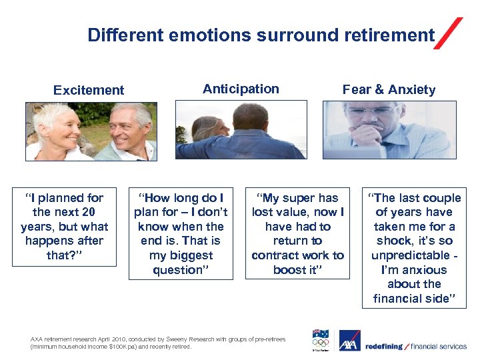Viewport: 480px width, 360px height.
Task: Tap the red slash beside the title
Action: pyautogui.click(x=448, y=34)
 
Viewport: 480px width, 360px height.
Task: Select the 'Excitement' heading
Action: pyautogui.click(x=89, y=90)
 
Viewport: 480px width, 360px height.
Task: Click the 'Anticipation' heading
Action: pyautogui.click(x=241, y=89)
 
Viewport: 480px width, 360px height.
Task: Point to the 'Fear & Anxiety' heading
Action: pyautogui.click(x=389, y=89)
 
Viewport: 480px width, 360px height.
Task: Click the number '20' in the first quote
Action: pyautogui.click(x=88, y=212)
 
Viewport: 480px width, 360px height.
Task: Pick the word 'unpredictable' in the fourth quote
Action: pyautogui.click(x=410, y=255)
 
